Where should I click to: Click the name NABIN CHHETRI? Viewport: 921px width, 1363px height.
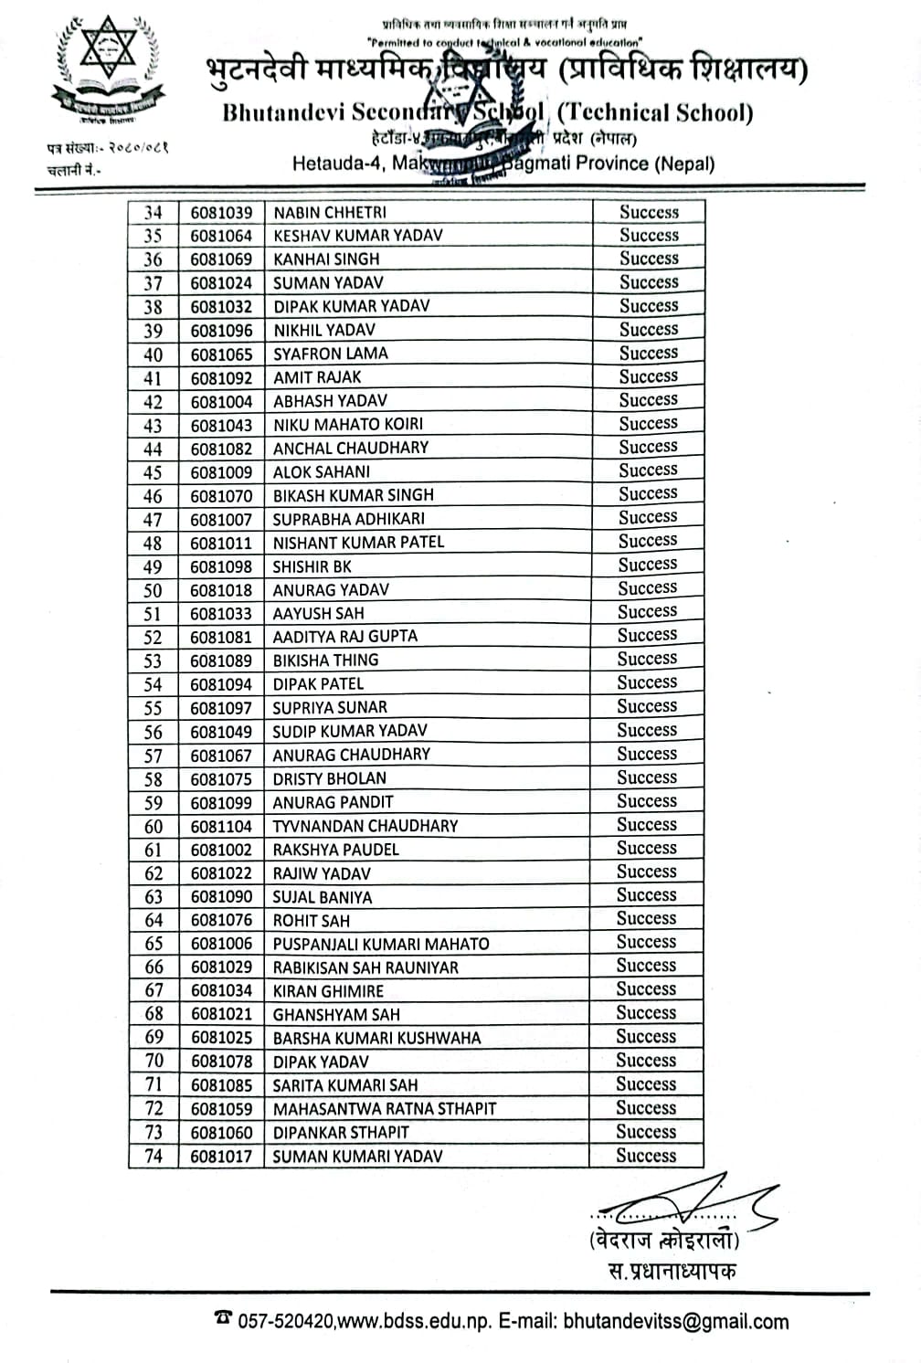[330, 212]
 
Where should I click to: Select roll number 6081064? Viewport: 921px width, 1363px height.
[221, 236]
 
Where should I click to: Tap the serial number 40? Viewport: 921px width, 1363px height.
[153, 354]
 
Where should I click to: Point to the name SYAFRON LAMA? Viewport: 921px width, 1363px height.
[331, 354]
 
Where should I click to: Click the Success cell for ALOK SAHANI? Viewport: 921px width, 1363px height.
[648, 470]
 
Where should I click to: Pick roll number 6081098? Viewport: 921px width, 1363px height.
[221, 566]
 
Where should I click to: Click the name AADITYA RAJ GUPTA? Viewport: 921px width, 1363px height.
[344, 637]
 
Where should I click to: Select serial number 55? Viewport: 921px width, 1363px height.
[153, 708]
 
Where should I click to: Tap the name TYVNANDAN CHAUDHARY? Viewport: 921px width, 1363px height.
[365, 826]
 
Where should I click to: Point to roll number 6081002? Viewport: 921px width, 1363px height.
[221, 850]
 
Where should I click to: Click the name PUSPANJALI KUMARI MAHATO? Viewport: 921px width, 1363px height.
[381, 944]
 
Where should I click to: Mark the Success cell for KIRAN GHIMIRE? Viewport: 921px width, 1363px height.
[646, 989]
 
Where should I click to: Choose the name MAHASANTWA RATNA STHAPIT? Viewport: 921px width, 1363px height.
[385, 1109]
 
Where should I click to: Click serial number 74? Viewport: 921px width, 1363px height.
[153, 1156]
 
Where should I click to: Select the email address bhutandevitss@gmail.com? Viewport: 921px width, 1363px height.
[676, 1321]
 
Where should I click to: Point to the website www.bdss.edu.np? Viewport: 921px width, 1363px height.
[416, 1321]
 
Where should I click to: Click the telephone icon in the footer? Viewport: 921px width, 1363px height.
[222, 1317]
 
